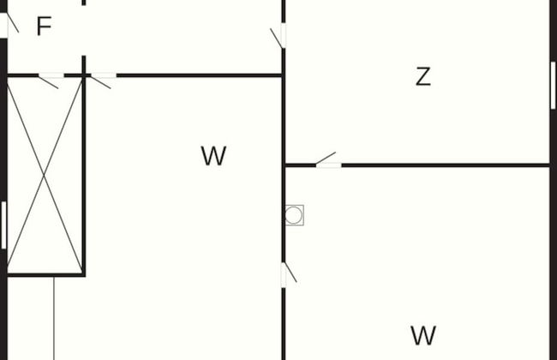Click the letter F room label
(x=44, y=27)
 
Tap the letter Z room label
(x=422, y=77)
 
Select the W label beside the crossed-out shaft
(x=213, y=156)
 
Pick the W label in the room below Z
(x=423, y=335)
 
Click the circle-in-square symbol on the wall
(x=294, y=214)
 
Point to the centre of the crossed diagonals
(x=45, y=175)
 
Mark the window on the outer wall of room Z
(x=553, y=85)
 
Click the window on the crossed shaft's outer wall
(x=4, y=225)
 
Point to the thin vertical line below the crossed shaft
(x=54, y=317)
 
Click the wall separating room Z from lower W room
(x=446, y=165)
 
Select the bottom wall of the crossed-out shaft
(x=45, y=274)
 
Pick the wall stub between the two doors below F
(x=75, y=75)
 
